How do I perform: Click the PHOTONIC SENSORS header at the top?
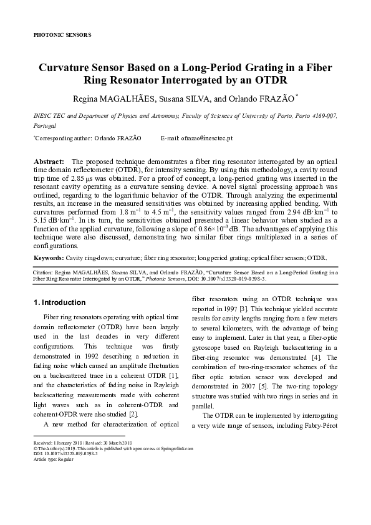pos(61,35)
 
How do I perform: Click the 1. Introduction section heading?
pos(59,302)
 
